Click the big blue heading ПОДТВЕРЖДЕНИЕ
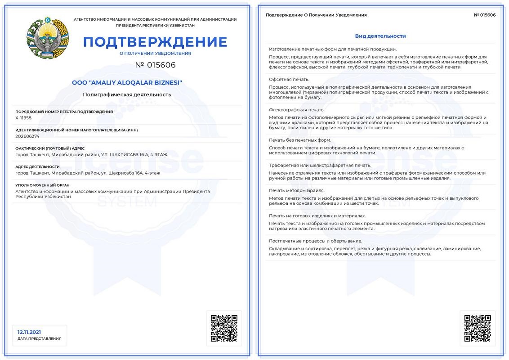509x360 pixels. (x=155, y=42)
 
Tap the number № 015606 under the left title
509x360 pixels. (x=155, y=65)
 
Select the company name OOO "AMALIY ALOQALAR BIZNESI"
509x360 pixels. (x=127, y=83)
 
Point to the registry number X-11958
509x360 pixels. (x=23, y=118)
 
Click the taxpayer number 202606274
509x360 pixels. (x=27, y=136)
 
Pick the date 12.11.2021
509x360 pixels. (x=29, y=332)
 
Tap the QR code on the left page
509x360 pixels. (x=224, y=328)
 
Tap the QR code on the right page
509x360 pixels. (x=478, y=328)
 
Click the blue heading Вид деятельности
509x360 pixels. (x=380, y=36)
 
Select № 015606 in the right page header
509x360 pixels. (x=485, y=15)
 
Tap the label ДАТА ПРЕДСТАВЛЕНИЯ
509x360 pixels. (x=40, y=338)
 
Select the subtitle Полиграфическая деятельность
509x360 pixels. (x=127, y=94)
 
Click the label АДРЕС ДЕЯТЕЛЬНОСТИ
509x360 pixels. (x=37, y=166)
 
